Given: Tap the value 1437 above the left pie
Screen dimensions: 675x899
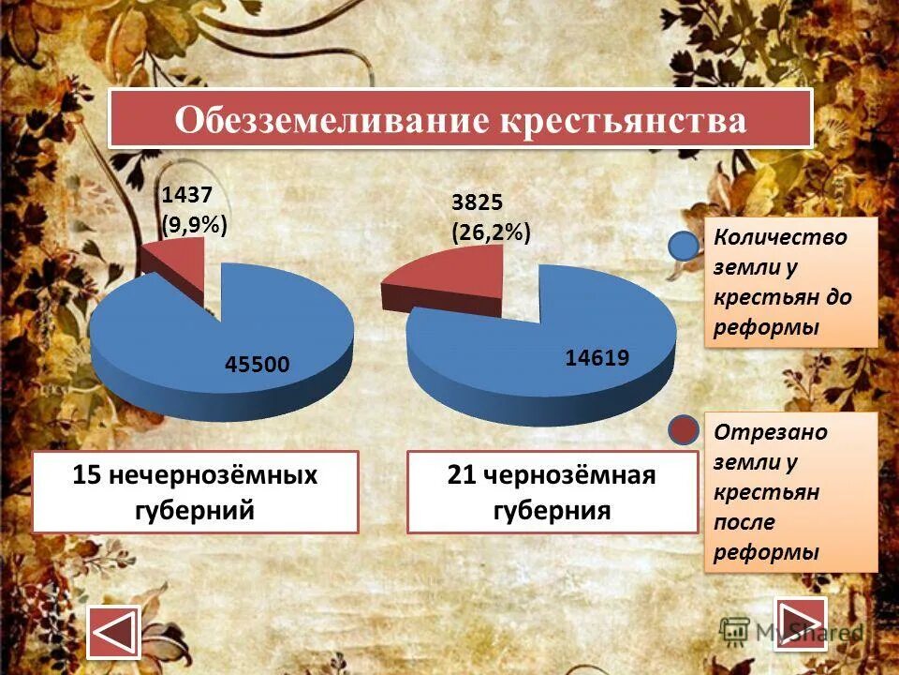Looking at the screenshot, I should [x=188, y=195].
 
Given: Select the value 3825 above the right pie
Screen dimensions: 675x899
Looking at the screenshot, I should [x=478, y=202].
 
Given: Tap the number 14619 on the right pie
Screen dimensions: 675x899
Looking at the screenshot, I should [x=597, y=356].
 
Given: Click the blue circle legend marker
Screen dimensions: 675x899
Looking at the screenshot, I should [x=684, y=246].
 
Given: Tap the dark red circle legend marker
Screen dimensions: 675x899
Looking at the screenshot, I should [x=684, y=430].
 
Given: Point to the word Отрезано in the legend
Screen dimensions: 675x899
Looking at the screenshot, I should [x=758, y=432].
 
